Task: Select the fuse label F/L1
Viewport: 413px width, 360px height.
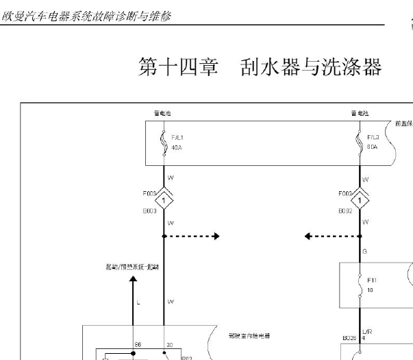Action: point(177,137)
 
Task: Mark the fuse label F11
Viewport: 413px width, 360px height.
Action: point(372,280)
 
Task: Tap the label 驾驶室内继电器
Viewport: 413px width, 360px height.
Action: point(248,336)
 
